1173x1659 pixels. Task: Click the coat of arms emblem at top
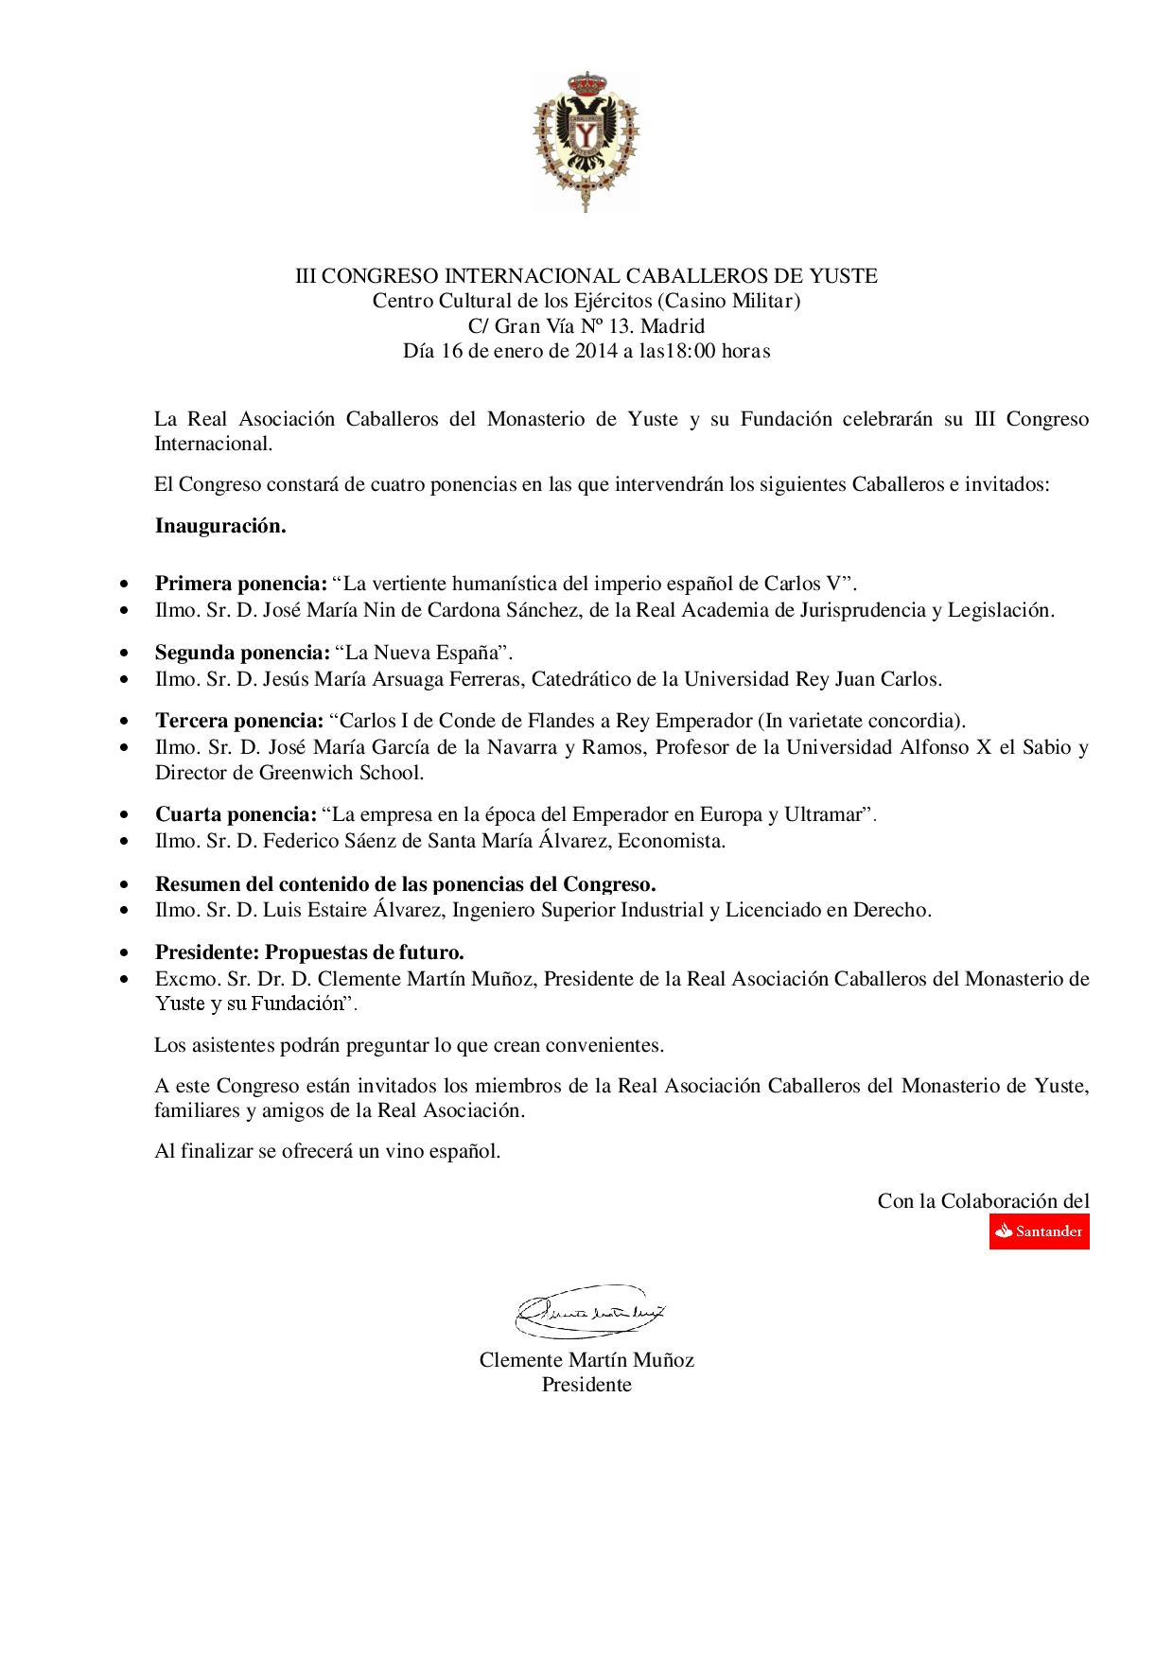pos(586,140)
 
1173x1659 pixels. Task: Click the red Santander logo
pos(1039,1231)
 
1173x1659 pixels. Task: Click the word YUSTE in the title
pos(844,276)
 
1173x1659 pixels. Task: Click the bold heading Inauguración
pos(220,526)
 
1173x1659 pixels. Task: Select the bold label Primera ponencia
pos(241,582)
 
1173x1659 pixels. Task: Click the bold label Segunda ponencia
pos(241,653)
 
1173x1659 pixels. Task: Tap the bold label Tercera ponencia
pos(239,721)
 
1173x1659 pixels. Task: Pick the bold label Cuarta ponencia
pos(236,814)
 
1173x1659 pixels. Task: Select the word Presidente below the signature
pos(586,1385)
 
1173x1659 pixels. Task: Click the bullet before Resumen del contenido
pos(126,885)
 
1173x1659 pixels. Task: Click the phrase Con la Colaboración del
pos(983,1201)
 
